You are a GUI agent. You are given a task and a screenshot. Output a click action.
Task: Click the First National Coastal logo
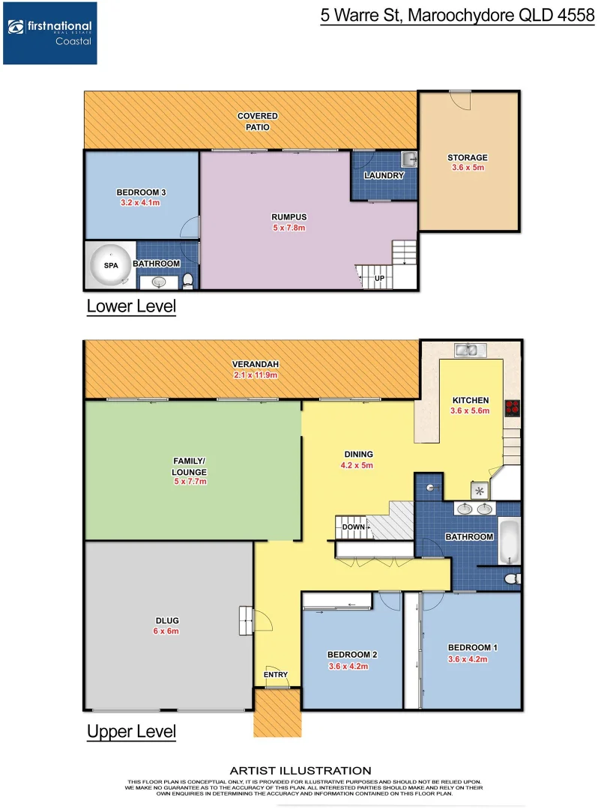pos(49,32)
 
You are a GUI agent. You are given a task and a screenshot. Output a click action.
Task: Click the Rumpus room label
pos(289,217)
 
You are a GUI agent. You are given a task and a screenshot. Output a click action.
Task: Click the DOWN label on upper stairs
pos(353,527)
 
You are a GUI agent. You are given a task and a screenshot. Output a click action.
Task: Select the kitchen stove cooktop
pos(513,408)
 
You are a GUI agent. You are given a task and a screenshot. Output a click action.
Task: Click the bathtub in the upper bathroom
pos(509,542)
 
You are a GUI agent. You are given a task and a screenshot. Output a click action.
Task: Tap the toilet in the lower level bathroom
pos(188,280)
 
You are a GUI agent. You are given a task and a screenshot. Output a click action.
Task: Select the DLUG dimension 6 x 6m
pos(167,631)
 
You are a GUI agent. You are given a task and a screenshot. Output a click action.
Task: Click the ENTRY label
pos(276,674)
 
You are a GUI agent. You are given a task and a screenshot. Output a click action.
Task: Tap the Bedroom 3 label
pos(141,192)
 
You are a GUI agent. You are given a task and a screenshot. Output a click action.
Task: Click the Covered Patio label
pos(257,121)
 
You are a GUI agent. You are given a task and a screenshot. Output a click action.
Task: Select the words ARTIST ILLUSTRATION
pos(300,770)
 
